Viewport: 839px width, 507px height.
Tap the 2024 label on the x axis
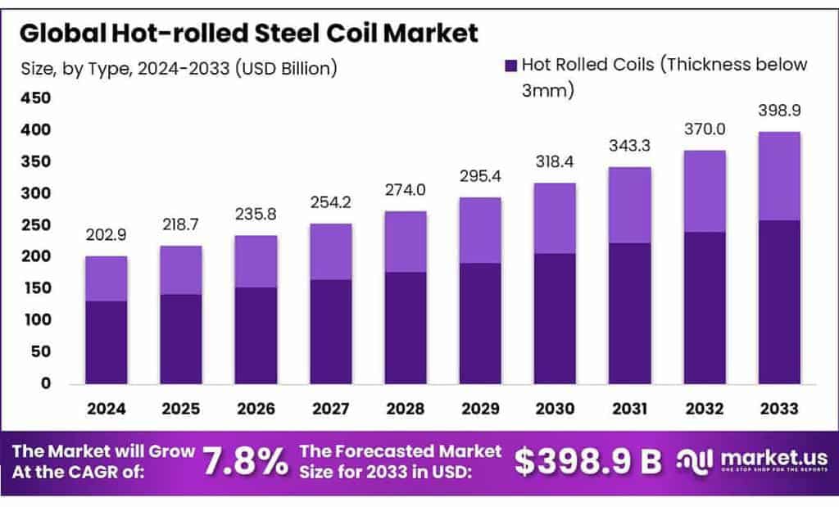[x=107, y=407]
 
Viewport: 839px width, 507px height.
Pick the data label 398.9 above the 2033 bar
[x=778, y=111]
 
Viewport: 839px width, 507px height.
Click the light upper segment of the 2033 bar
[x=778, y=176]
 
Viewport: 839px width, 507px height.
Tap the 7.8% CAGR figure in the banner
[x=245, y=461]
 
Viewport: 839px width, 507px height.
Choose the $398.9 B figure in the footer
[x=587, y=461]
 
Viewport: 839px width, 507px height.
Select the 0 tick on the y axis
[x=45, y=383]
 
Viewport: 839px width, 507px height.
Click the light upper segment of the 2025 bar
[x=180, y=270]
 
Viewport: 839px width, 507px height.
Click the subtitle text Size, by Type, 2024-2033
[x=179, y=68]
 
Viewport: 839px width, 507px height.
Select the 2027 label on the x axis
[x=331, y=407]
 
